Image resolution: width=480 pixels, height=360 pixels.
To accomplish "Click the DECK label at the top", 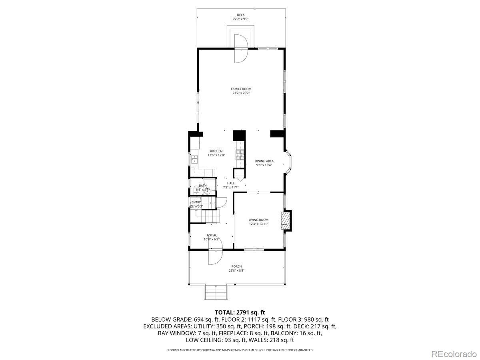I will (x=240, y=15).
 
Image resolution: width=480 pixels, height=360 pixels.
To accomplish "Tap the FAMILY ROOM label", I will (x=241, y=89).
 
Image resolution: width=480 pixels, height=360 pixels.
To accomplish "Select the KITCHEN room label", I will (x=216, y=151).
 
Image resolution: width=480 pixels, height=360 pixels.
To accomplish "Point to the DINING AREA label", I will (x=264, y=161).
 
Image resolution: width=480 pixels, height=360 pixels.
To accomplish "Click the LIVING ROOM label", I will (x=258, y=220).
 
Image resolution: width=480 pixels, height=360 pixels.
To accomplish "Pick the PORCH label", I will (x=236, y=266).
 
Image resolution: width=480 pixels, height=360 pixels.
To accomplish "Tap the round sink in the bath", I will (x=207, y=191).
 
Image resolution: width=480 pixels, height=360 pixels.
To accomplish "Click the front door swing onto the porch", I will (x=215, y=256).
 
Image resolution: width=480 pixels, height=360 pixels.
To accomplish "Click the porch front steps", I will (x=216, y=292).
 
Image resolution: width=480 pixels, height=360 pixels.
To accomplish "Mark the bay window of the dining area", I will (x=289, y=163).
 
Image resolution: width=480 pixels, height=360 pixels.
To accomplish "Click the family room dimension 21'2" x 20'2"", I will (x=241, y=93).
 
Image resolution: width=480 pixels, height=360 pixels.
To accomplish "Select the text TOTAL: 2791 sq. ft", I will (x=240, y=312).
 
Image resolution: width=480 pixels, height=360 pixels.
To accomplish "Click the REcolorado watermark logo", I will (x=454, y=353).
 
